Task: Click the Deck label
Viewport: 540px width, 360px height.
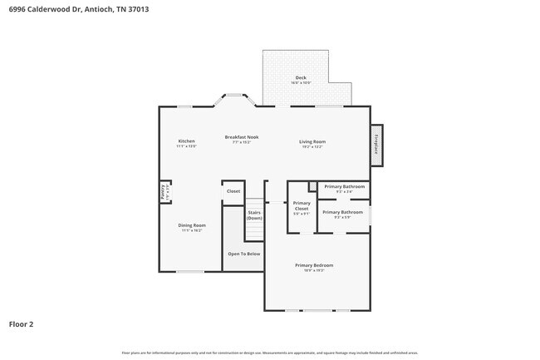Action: tap(300, 78)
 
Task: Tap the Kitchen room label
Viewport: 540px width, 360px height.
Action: tap(186, 141)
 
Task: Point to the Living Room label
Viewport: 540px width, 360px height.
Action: tap(312, 141)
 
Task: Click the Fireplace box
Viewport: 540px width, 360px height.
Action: tap(376, 144)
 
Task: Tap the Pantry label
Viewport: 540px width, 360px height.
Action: tap(164, 191)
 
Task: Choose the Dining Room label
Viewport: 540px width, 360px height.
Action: tap(192, 224)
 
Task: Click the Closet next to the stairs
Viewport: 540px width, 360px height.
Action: tap(233, 191)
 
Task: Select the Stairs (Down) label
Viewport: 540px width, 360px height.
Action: tap(254, 215)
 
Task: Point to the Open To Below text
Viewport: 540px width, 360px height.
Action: tap(244, 254)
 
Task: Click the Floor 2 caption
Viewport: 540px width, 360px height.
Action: tap(22, 323)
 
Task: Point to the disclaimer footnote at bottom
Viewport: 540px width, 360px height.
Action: tap(269, 353)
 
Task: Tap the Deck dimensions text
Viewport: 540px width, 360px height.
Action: tap(300, 83)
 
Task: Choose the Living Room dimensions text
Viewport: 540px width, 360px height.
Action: tap(312, 147)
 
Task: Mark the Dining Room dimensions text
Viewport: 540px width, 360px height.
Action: tap(192, 230)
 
